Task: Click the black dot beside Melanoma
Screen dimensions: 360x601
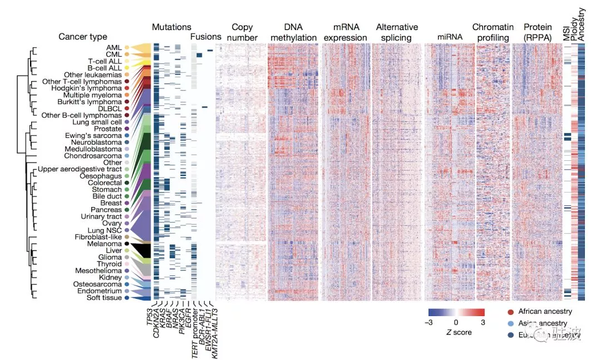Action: pyautogui.click(x=127, y=244)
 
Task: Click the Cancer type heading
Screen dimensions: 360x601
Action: pyautogui.click(x=82, y=37)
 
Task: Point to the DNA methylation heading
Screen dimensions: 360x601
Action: pyautogui.click(x=289, y=32)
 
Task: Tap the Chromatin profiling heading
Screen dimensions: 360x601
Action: pyautogui.click(x=491, y=32)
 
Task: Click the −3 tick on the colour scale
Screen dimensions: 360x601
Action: pyautogui.click(x=429, y=322)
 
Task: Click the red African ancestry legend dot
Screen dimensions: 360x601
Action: pyautogui.click(x=511, y=312)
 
